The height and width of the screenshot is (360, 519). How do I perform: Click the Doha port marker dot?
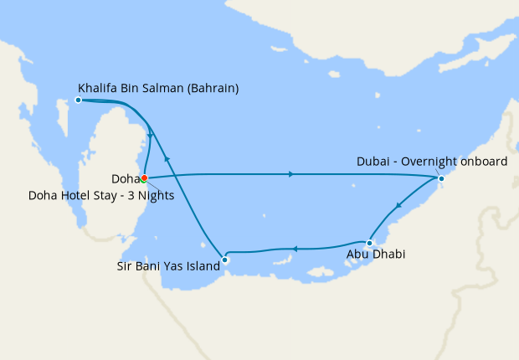tap(144, 177)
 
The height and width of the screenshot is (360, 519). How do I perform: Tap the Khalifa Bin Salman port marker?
tap(78, 100)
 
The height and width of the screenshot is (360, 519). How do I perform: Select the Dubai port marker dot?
tap(441, 178)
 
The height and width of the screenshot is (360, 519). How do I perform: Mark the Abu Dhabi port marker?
tap(369, 243)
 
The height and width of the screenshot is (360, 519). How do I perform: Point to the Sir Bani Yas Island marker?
tap(224, 260)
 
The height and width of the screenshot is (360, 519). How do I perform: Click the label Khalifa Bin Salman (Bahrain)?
tap(158, 86)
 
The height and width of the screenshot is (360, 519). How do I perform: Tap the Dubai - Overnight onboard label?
tap(431, 162)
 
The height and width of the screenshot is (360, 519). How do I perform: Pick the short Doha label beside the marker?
tap(125, 178)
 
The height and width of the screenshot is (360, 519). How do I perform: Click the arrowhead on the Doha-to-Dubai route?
tap(290, 174)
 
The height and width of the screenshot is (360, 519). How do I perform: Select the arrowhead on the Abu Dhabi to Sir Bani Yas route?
tap(294, 248)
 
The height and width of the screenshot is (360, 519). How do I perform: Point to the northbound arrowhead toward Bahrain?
tap(167, 157)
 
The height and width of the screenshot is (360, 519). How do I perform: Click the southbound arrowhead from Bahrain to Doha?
tap(150, 135)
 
